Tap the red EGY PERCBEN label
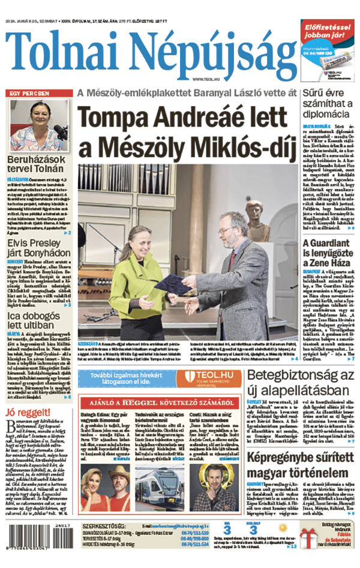pos(28,94)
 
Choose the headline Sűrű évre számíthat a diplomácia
pos(329,103)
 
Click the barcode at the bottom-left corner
pos(38,537)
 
